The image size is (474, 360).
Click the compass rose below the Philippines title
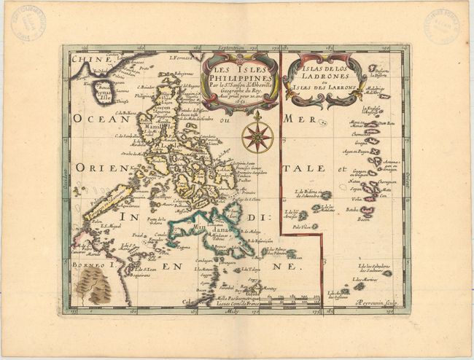click(x=256, y=136)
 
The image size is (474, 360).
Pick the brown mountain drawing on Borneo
click(x=94, y=288)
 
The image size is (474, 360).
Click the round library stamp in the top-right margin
click(x=443, y=26)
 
